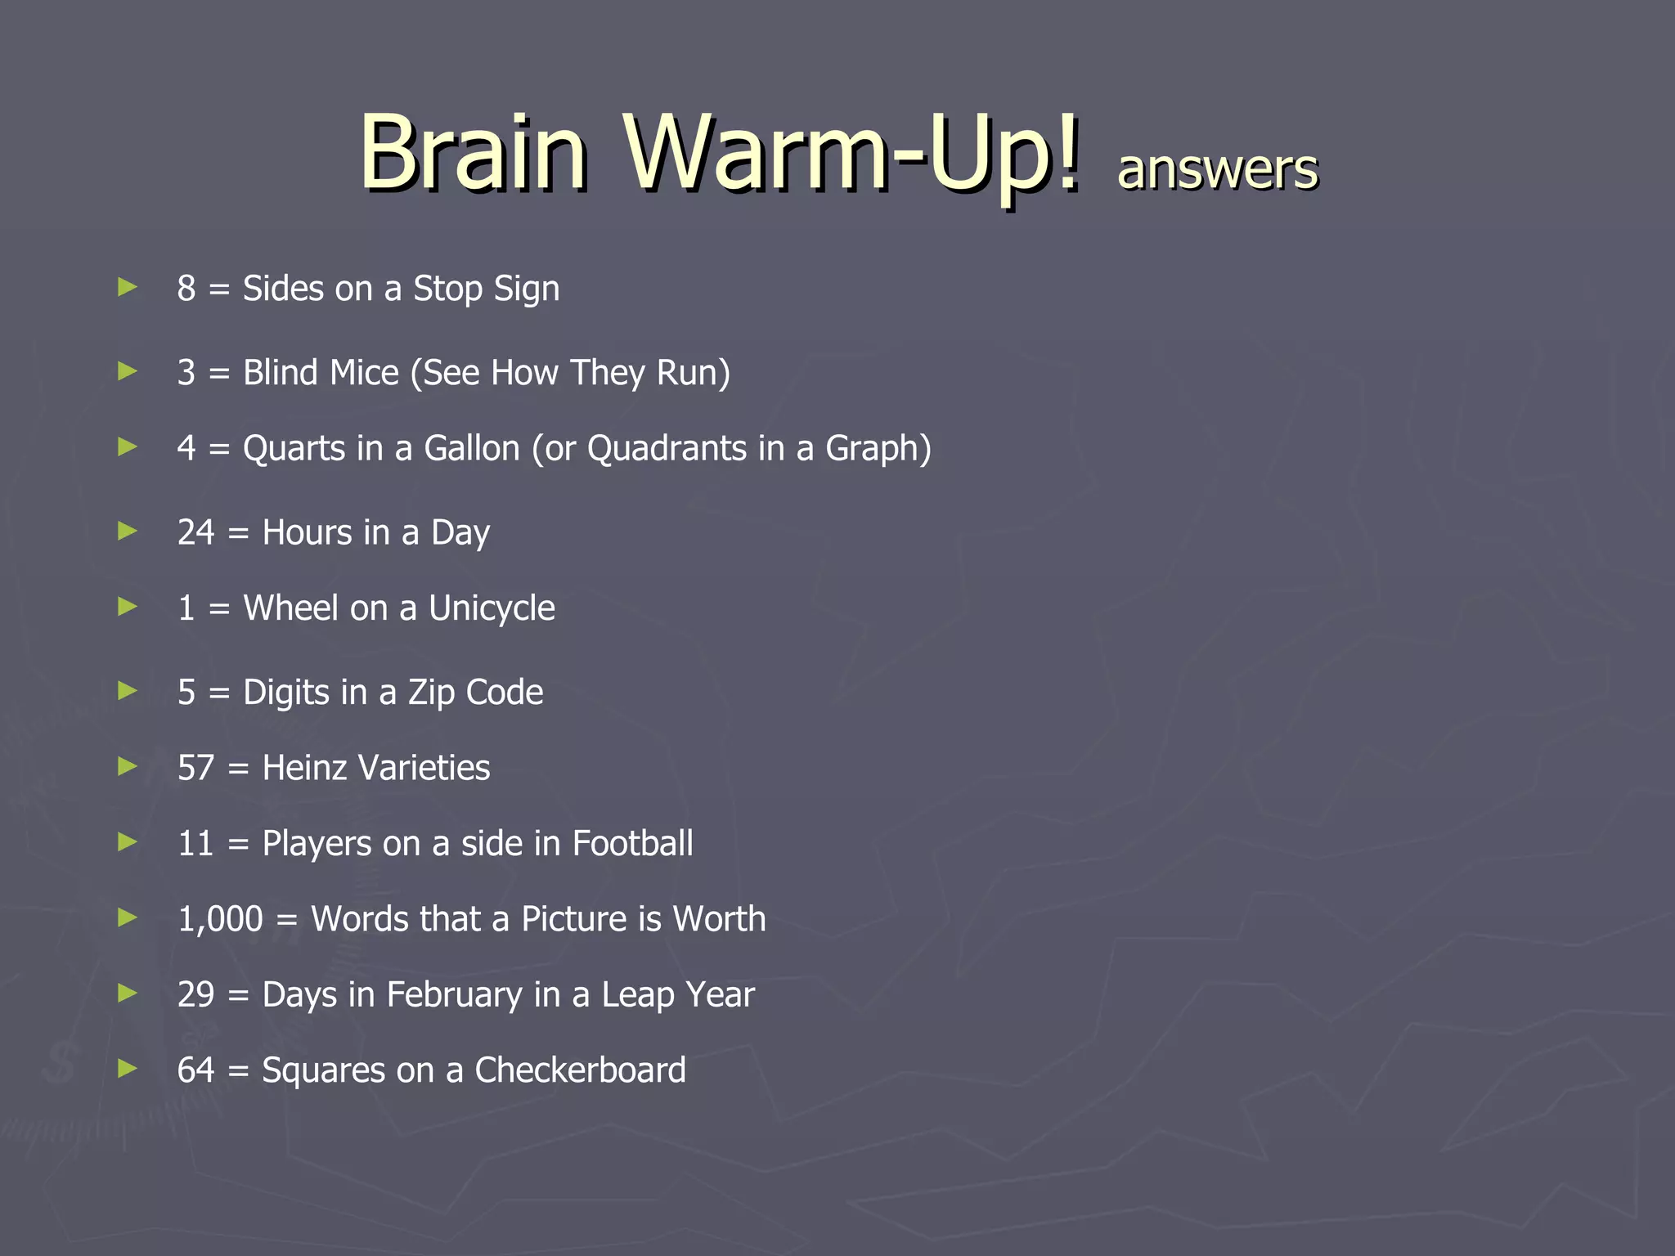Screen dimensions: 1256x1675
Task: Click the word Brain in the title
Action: click(473, 153)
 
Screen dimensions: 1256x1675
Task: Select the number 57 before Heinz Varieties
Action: click(195, 768)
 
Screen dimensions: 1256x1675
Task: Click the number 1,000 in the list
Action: click(220, 919)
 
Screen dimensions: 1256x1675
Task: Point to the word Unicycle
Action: click(492, 608)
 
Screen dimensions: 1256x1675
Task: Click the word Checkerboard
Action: click(580, 1070)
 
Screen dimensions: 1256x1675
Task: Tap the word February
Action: click(455, 995)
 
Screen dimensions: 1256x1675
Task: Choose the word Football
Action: click(632, 844)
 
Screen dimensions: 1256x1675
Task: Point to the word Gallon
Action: click(472, 448)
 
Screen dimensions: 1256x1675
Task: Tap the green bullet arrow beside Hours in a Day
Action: click(128, 532)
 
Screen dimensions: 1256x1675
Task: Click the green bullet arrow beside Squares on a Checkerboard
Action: click(128, 1068)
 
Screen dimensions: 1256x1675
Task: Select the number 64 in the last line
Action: click(195, 1070)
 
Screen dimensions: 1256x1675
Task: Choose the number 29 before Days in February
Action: click(195, 995)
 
